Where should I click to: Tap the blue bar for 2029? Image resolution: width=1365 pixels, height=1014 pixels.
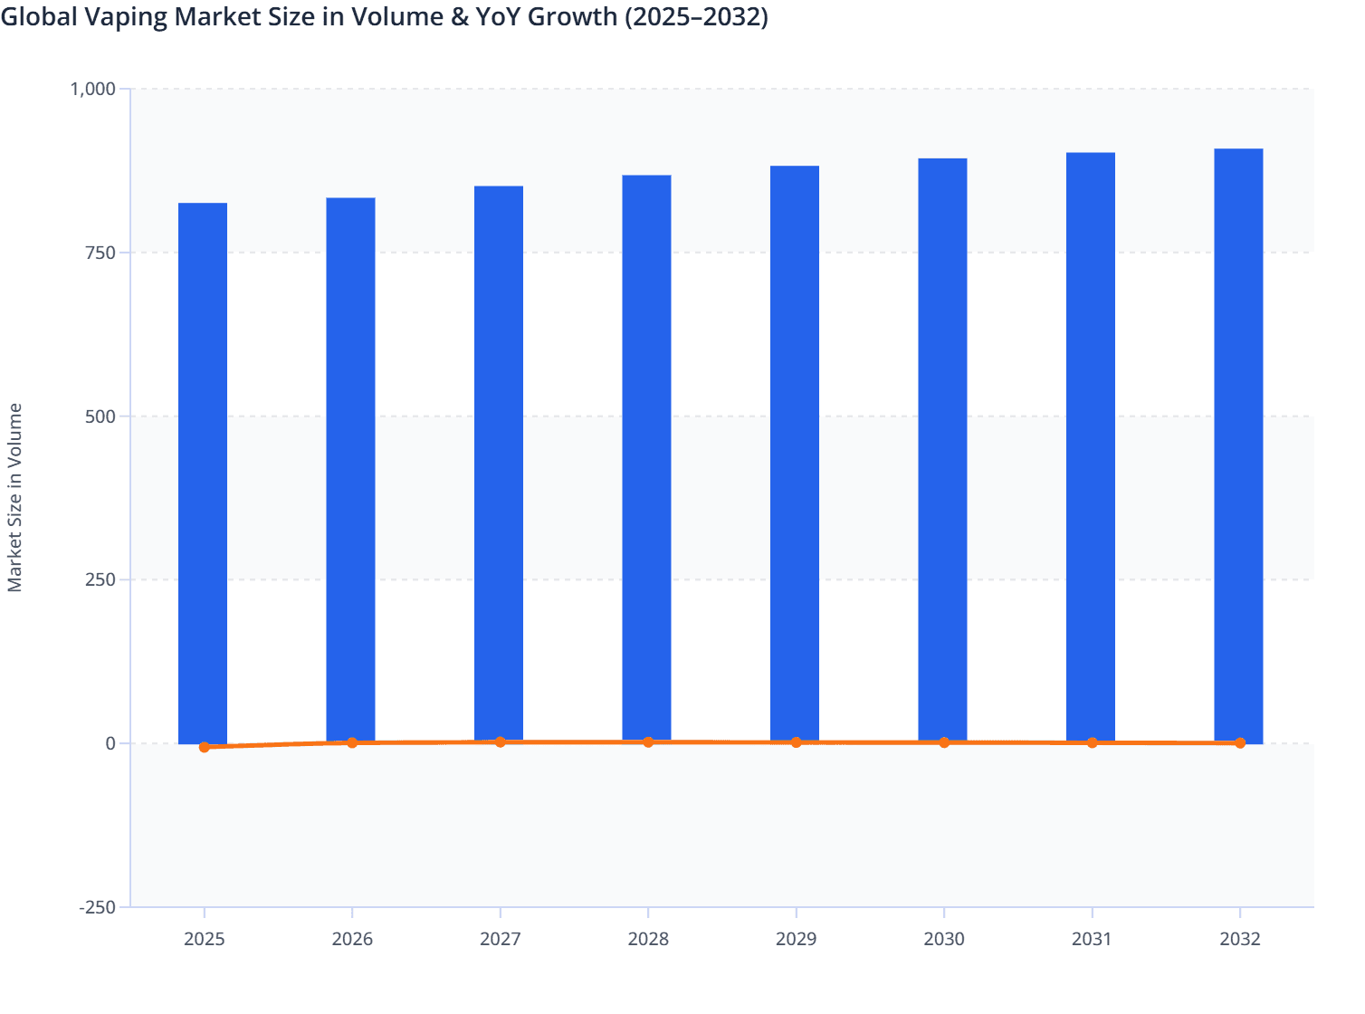(795, 454)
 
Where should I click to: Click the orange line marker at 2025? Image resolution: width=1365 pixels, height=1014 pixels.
(205, 747)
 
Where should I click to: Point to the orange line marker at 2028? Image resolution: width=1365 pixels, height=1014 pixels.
(648, 741)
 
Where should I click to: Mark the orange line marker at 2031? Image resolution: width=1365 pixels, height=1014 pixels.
(1092, 742)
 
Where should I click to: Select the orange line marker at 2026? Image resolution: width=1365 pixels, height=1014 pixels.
(352, 742)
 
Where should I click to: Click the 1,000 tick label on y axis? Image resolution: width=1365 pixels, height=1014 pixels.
(93, 89)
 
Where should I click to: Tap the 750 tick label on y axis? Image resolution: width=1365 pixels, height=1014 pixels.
(100, 253)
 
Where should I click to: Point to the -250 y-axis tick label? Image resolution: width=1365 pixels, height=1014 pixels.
(98, 907)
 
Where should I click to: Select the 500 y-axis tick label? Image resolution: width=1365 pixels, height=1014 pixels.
(100, 416)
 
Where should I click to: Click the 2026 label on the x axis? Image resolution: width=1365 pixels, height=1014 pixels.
(352, 939)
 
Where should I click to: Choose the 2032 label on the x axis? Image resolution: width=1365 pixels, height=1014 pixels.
(1239, 939)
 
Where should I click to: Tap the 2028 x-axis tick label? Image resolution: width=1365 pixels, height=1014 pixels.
(648, 939)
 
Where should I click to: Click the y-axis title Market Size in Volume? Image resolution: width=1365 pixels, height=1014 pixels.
(15, 497)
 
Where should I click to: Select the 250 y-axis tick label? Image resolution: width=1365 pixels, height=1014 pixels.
(100, 579)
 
